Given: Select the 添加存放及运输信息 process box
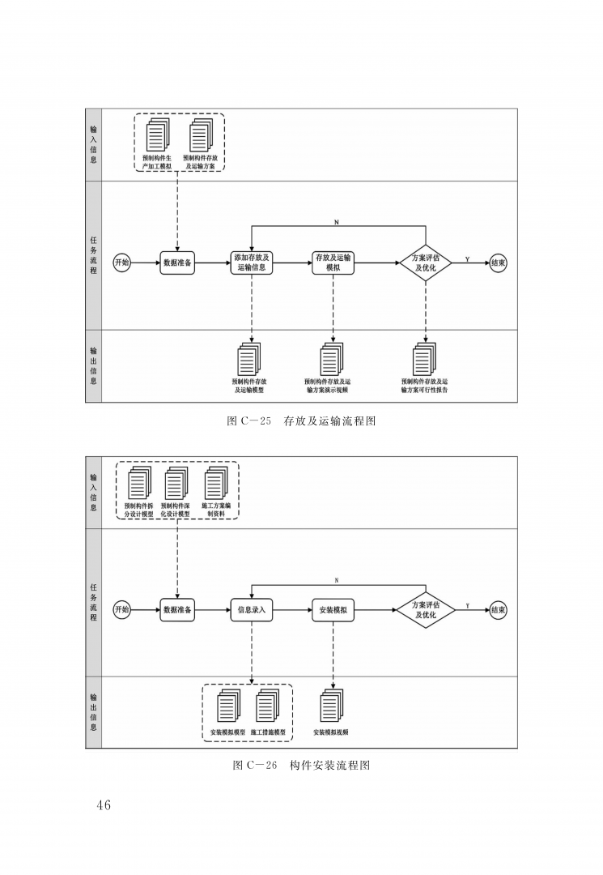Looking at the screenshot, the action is (x=252, y=262).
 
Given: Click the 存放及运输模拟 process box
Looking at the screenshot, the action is (x=333, y=262).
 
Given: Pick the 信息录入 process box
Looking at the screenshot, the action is (x=252, y=610).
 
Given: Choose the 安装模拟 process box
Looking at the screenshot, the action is (x=333, y=610).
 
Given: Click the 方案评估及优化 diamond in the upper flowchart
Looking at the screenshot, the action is (x=426, y=262).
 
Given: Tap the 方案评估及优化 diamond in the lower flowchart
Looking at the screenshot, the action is (x=426, y=610).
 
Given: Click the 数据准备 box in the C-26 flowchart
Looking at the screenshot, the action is (x=177, y=610).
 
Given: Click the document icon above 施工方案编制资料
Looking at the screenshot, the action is (x=216, y=483).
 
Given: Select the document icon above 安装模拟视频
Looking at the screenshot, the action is (x=332, y=706).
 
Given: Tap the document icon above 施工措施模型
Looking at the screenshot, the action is (x=267, y=706).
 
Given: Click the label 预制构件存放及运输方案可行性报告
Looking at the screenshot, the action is (x=425, y=386).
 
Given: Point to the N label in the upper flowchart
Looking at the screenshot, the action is (x=337, y=222).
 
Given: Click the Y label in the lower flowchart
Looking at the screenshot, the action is (x=467, y=606).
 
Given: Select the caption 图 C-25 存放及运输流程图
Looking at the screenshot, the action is (x=301, y=421).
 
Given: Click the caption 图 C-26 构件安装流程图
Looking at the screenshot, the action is (x=301, y=765).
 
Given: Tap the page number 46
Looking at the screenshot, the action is (x=104, y=805).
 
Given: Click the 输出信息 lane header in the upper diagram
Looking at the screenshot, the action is (x=94, y=366).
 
